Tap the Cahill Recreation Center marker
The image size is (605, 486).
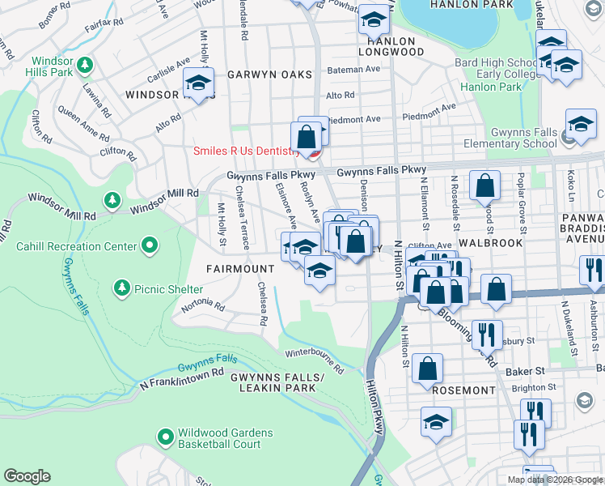(x=150, y=245)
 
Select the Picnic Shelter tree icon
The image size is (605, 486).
(x=121, y=287)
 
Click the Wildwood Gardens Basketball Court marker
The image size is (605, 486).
(x=166, y=437)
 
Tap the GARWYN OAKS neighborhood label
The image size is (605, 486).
(x=269, y=75)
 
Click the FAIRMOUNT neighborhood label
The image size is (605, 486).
(x=239, y=268)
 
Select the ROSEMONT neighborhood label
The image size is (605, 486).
(x=463, y=390)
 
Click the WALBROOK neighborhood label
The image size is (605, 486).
(x=487, y=242)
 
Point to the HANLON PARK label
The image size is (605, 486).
(x=483, y=5)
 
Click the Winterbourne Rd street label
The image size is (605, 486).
(x=314, y=361)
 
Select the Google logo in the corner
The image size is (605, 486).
(x=27, y=476)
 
